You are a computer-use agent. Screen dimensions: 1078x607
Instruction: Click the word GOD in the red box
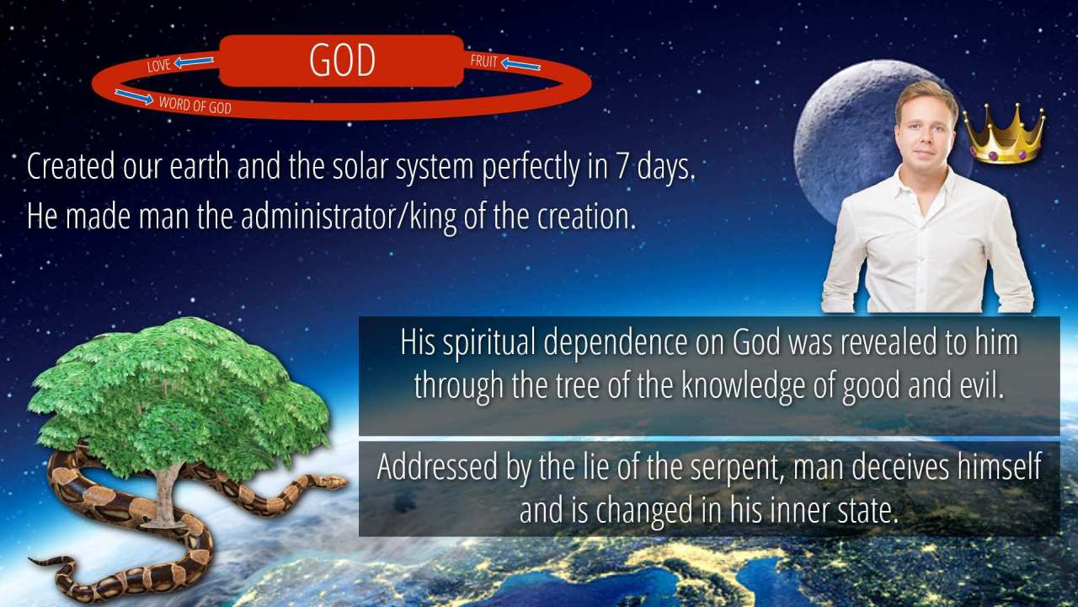pos(342,60)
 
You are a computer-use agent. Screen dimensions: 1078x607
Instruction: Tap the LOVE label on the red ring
pos(159,66)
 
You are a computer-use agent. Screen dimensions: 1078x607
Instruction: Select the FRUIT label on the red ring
pos(483,62)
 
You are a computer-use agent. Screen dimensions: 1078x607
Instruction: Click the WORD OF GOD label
pos(195,105)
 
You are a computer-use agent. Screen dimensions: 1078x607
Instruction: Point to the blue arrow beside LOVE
pos(194,62)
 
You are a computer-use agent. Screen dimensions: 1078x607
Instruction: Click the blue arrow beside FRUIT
pos(520,64)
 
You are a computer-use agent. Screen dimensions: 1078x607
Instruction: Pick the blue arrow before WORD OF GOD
pos(134,97)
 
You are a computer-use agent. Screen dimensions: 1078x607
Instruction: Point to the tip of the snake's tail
pos(30,560)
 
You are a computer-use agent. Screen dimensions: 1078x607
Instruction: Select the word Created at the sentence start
pos(71,167)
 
